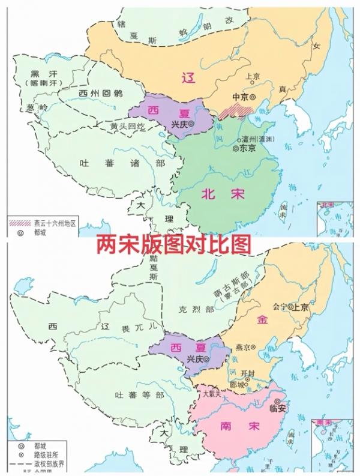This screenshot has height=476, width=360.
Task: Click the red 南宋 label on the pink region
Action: click(232, 426)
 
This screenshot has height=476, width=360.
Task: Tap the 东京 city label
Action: click(247, 147)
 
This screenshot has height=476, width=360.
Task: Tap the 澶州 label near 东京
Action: click(256, 138)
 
